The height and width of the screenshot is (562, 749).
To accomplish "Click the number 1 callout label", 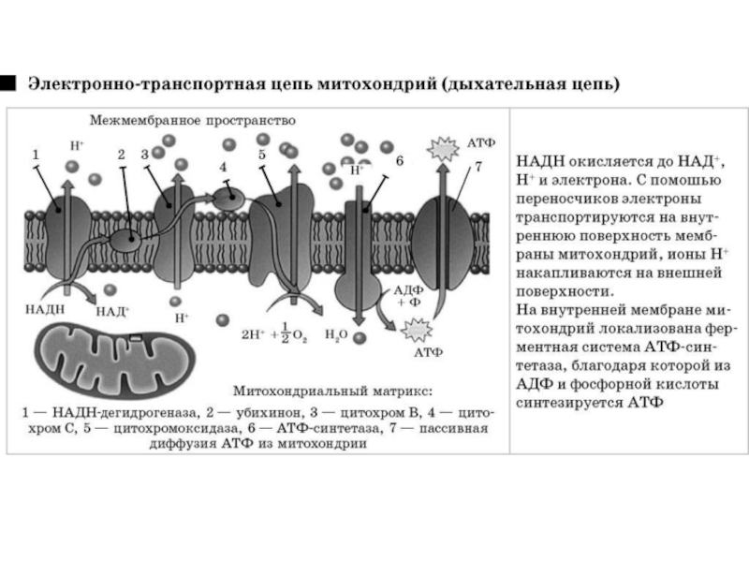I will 36,153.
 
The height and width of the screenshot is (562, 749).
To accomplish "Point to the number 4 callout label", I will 223,167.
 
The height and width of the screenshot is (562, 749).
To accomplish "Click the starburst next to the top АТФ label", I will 438,148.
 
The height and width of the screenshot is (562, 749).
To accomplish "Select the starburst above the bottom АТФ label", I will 414,330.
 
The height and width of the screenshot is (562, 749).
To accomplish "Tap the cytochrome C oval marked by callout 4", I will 228,197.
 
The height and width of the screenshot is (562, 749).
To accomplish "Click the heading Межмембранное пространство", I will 193,121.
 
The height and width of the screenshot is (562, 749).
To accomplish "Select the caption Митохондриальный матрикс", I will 333,391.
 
